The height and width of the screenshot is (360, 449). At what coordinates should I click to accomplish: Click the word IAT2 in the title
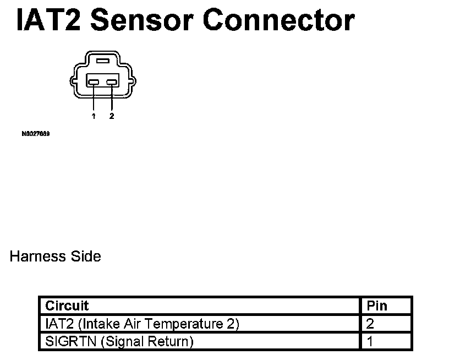tap(50, 20)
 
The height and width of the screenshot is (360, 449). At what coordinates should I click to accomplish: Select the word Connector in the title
tap(279, 20)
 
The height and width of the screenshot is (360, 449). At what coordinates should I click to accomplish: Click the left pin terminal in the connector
tap(94, 83)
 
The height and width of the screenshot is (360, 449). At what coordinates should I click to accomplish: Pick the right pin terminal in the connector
tap(112, 83)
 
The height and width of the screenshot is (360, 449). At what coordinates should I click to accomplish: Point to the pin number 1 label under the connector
tap(94, 116)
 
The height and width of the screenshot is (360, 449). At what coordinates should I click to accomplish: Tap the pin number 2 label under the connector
tap(112, 116)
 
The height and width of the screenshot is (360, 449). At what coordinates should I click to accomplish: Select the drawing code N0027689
tap(36, 133)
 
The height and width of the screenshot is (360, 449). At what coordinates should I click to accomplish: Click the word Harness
tap(37, 257)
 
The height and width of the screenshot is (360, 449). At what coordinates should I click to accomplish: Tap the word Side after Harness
tap(85, 257)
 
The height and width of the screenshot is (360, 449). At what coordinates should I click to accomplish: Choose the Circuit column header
tap(67, 306)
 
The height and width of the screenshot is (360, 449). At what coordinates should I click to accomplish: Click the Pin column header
tap(377, 306)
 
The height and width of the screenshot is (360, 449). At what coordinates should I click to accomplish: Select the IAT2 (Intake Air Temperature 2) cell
tap(142, 324)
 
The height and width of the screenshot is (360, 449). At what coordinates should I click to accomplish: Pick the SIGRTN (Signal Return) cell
tap(119, 342)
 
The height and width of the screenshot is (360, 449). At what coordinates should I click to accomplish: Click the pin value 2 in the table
tap(370, 324)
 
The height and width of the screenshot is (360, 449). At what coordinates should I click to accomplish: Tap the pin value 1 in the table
tap(370, 342)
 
